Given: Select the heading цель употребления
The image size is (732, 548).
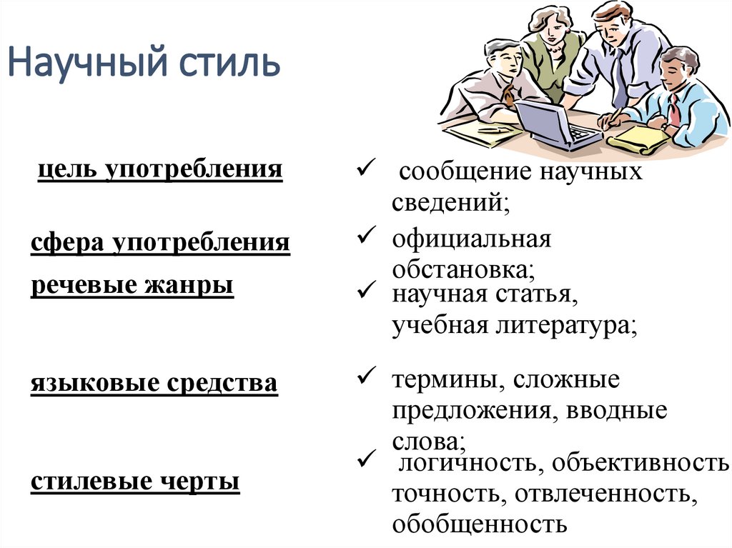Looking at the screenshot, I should (159, 170).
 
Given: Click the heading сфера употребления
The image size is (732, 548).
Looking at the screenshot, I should (160, 243).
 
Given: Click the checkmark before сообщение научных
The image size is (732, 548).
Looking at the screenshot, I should (362, 168).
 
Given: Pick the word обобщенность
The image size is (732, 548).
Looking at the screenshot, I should (479, 524).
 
